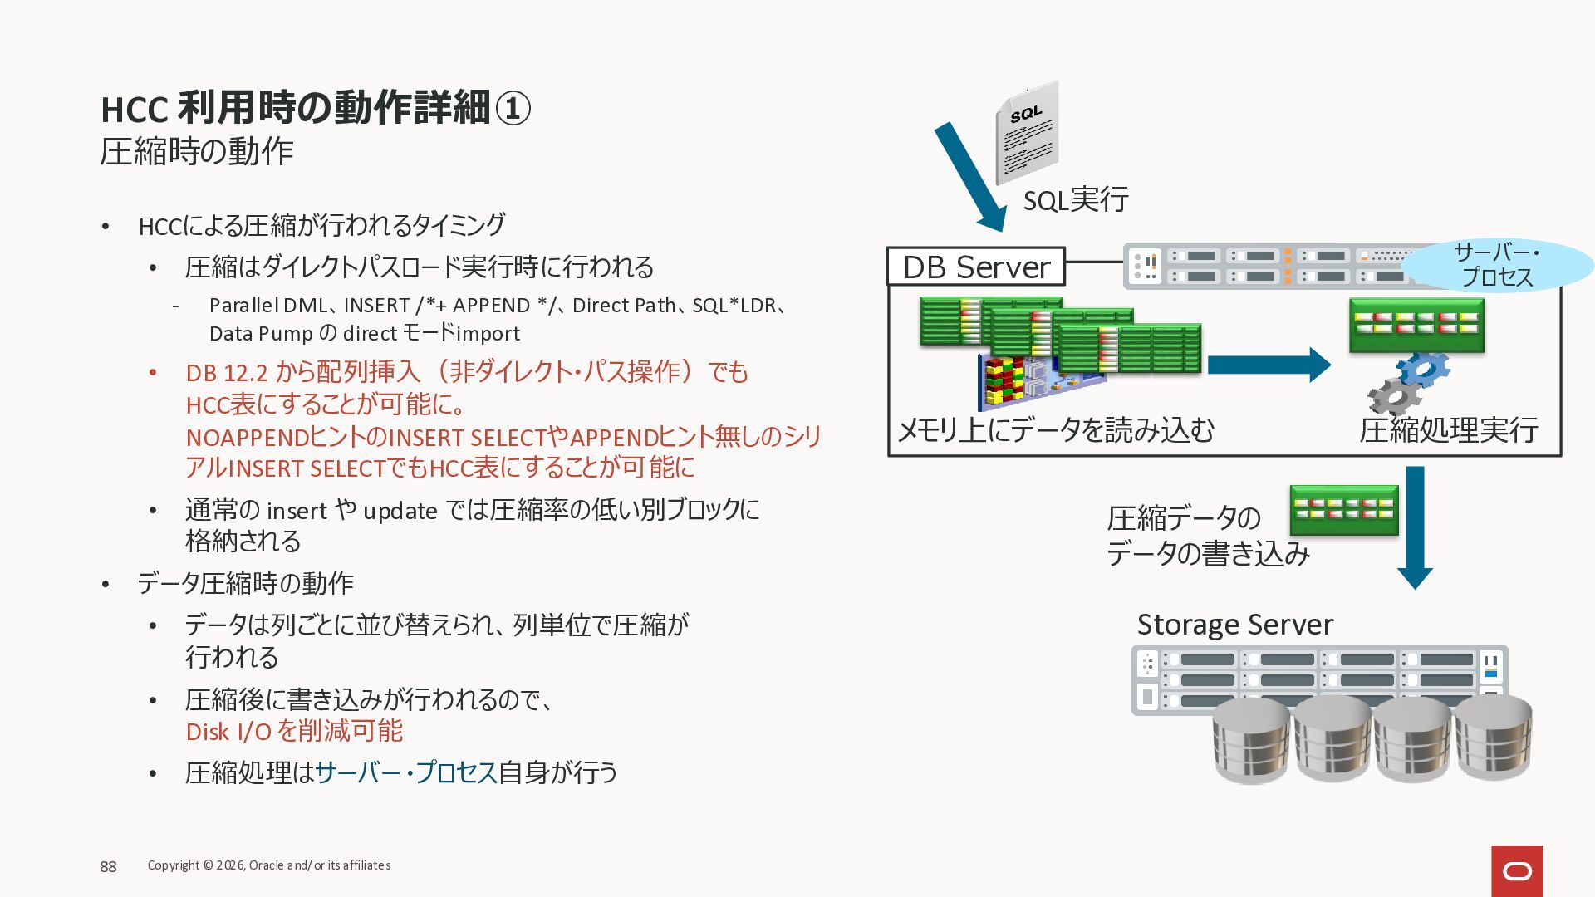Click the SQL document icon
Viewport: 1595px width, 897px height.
click(1028, 133)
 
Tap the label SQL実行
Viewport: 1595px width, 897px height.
click(1075, 200)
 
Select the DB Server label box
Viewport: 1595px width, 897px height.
click(976, 267)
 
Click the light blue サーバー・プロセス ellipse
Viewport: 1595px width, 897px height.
click(1497, 265)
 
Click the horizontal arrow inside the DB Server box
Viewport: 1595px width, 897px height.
click(1268, 365)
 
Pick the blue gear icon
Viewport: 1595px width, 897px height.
click(1424, 368)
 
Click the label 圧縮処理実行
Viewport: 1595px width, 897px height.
click(1449, 430)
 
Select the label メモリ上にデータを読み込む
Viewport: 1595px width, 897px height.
click(1056, 430)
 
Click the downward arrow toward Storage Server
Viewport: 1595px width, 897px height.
click(1415, 527)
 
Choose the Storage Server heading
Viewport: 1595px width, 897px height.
click(1234, 625)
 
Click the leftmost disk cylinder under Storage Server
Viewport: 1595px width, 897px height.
click(1250, 741)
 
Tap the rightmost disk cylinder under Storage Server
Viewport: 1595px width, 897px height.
click(1493, 738)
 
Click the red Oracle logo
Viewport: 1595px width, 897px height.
click(1517, 870)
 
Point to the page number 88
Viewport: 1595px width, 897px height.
click(108, 867)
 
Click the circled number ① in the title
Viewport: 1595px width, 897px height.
click(513, 108)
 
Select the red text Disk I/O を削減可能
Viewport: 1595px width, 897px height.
click(294, 732)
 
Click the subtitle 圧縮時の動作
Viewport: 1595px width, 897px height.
click(197, 152)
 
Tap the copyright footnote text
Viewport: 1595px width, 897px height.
click(269, 865)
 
